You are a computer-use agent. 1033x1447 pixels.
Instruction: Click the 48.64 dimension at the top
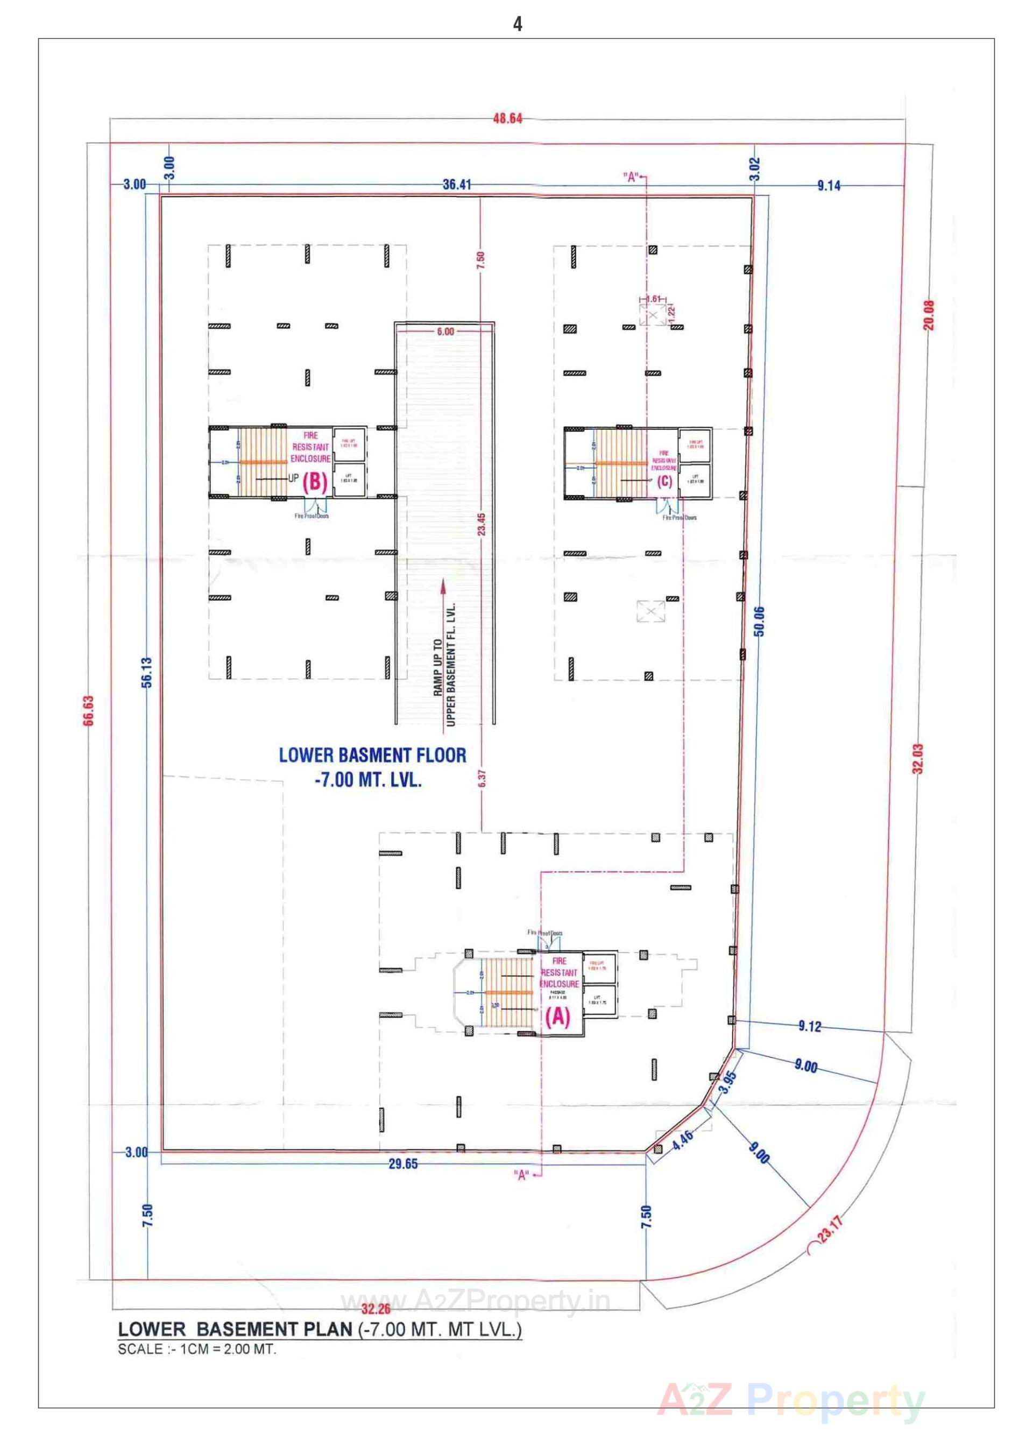507,118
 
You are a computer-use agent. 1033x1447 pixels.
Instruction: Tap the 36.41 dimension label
457,185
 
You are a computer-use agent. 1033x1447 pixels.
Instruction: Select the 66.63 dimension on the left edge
88,710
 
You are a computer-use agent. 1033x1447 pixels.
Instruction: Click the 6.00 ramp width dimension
445,331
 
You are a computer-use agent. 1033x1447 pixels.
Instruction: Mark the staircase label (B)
315,483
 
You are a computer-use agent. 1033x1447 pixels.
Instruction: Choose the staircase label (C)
664,482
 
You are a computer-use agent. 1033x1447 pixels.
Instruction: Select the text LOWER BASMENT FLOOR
373,756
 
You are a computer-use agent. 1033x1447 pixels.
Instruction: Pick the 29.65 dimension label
404,1164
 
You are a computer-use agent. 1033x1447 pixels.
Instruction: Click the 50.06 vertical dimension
760,622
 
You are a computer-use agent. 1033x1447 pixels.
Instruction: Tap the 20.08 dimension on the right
929,315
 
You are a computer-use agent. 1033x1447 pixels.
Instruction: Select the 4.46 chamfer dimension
683,1139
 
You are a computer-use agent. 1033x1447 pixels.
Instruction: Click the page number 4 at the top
517,24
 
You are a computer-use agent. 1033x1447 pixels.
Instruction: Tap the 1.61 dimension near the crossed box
653,299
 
